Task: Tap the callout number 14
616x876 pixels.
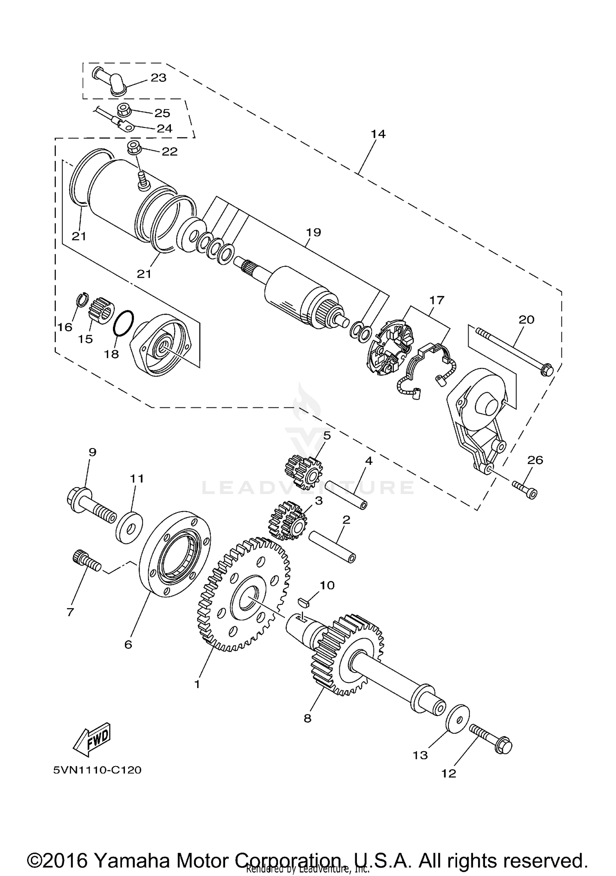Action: coord(378,134)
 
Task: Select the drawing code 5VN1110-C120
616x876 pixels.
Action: coord(97,770)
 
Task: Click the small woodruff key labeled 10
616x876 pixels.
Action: coord(304,602)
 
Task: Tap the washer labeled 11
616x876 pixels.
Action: coord(129,526)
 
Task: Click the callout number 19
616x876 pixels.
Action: coord(313,233)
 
